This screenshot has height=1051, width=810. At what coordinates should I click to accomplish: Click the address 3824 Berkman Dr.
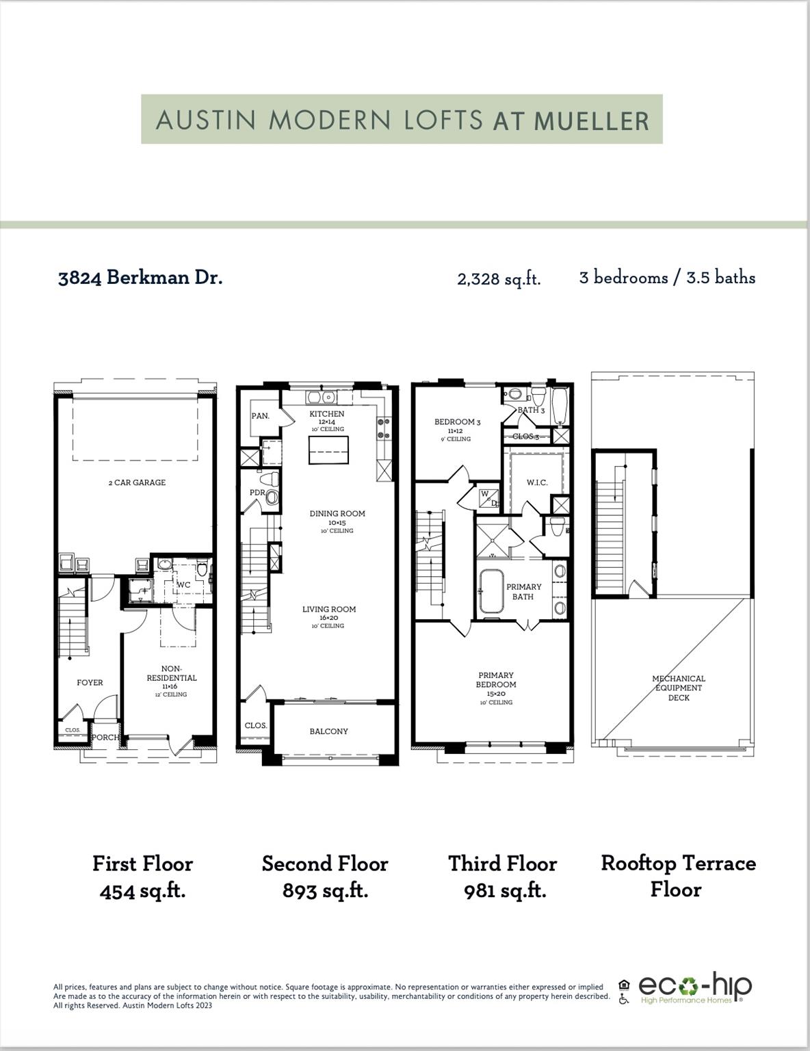[x=140, y=278]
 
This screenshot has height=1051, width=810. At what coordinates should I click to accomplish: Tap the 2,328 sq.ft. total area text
[x=499, y=279]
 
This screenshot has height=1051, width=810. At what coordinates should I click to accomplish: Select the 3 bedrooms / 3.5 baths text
[x=667, y=278]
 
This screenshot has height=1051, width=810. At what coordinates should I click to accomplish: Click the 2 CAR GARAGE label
[x=137, y=482]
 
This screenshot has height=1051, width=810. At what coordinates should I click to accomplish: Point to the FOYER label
[x=90, y=682]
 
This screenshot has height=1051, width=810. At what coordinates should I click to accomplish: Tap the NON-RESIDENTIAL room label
[x=171, y=674]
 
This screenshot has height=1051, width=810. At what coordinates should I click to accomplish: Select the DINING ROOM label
[x=337, y=514]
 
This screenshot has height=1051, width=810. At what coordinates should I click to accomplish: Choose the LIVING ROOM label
[x=329, y=610]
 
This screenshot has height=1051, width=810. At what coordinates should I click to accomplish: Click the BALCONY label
[x=328, y=731]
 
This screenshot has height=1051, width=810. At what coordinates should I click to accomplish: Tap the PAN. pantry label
[x=260, y=416]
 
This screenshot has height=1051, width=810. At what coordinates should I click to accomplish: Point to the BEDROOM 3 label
[x=457, y=422]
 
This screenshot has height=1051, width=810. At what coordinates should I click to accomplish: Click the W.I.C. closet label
[x=537, y=482]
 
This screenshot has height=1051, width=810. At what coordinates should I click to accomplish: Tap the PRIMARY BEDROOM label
[x=496, y=680]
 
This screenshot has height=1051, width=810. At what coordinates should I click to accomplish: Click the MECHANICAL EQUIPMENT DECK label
[x=678, y=688]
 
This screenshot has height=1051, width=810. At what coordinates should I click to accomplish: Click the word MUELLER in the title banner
[x=591, y=121]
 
